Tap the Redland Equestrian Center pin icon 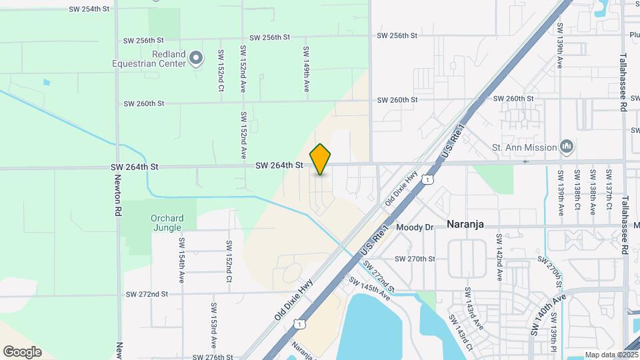pyautogui.click(x=195, y=59)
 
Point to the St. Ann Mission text pyautogui.click(x=524, y=147)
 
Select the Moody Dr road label pyautogui.click(x=415, y=227)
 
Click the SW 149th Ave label pyautogui.click(x=306, y=69)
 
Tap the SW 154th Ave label pyautogui.click(x=181, y=260)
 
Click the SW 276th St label pyautogui.click(x=211, y=357)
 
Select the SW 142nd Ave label pyautogui.click(x=498, y=254)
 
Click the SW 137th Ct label pyautogui.click(x=609, y=191)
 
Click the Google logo pyautogui.click(x=22, y=352)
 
